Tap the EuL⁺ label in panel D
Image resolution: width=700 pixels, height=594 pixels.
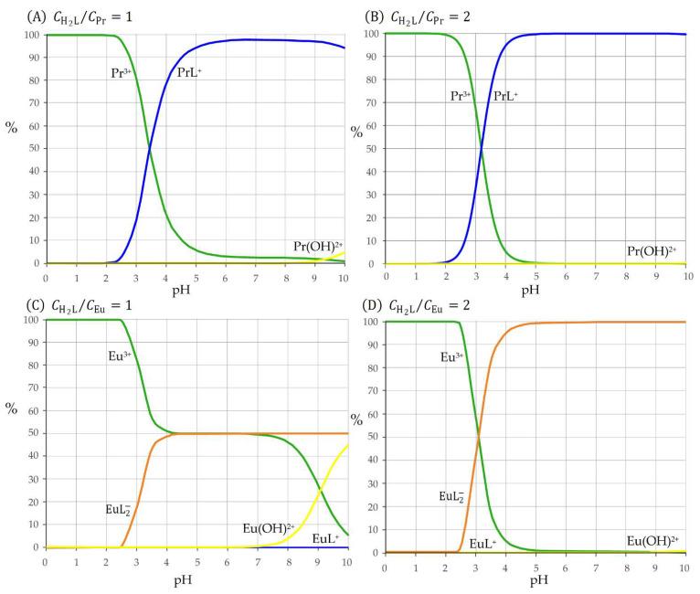[x=483, y=544]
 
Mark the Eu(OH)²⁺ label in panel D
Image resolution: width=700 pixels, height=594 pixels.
[x=652, y=541]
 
